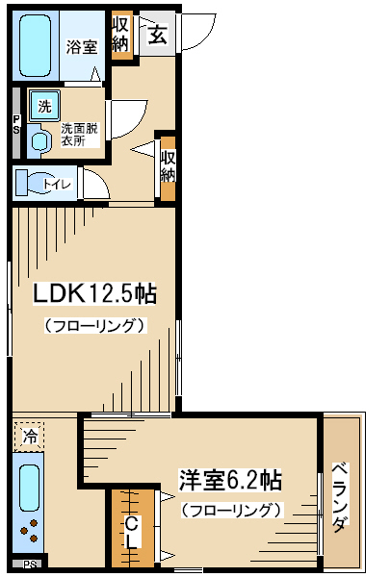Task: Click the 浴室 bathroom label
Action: (x=82, y=47)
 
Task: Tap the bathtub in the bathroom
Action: (x=35, y=45)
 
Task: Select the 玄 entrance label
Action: (x=158, y=35)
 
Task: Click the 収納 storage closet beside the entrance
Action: (x=121, y=35)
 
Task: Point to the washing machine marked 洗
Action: (x=44, y=106)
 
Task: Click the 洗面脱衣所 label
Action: (x=80, y=135)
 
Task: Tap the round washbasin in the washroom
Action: (x=39, y=141)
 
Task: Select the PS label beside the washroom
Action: (x=16, y=125)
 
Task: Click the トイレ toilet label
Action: (x=57, y=184)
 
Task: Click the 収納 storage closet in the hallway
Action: (x=169, y=169)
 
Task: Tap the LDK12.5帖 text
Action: (x=95, y=293)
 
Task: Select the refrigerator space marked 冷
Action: (x=30, y=437)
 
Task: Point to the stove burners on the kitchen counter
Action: (x=30, y=531)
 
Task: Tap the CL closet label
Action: (x=131, y=533)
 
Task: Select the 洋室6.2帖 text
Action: (x=230, y=480)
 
